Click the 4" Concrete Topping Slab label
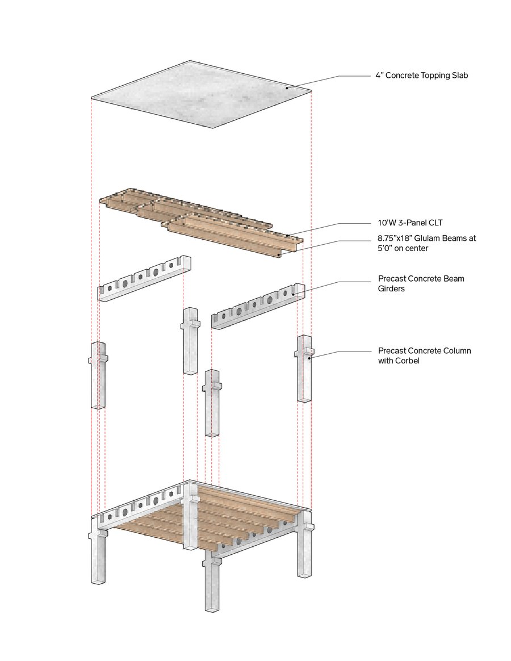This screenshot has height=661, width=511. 421,76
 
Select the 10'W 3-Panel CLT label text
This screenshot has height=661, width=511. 409,223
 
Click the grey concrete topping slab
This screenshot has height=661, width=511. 202,94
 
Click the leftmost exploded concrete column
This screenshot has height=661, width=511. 98,375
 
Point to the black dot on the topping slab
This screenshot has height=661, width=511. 287,87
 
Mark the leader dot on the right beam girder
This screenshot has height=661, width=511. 294,294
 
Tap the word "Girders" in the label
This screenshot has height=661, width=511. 391,288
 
